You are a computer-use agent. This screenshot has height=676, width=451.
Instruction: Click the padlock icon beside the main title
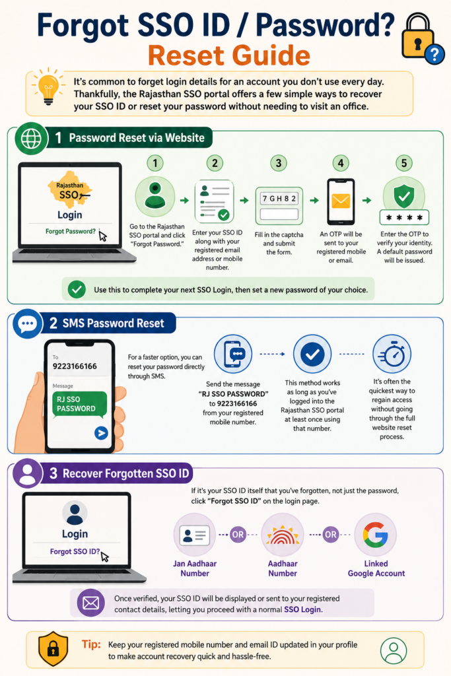point(417,37)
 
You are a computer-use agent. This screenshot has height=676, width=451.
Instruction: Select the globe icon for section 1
point(31,139)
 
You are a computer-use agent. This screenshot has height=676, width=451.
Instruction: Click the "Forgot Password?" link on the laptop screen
point(70,232)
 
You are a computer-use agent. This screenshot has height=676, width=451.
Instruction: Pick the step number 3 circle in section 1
point(279,163)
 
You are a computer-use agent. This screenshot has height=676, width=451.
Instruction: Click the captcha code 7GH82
point(279,199)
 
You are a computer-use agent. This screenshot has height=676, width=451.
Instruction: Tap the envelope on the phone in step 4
point(341,201)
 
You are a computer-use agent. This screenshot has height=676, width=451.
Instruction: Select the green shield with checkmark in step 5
point(404,195)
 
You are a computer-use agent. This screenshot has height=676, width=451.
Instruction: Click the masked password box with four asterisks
point(404,218)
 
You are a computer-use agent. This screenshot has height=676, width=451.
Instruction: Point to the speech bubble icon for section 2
point(28,323)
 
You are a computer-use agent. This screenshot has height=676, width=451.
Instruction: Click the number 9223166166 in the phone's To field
point(75,366)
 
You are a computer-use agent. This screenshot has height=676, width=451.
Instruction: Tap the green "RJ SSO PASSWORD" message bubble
point(79,405)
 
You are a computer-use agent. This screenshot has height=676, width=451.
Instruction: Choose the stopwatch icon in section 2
point(392,355)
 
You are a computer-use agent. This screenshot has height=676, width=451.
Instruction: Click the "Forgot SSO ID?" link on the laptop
point(75,551)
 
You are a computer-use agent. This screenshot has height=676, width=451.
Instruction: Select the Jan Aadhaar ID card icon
point(194,535)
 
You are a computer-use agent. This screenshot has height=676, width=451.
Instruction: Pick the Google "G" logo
point(375,535)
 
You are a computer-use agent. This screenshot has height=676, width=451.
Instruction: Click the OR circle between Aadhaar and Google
point(331,535)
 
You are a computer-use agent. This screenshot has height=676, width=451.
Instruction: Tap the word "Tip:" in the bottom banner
point(91,644)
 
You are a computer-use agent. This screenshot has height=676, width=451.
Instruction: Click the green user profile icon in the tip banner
point(394,650)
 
